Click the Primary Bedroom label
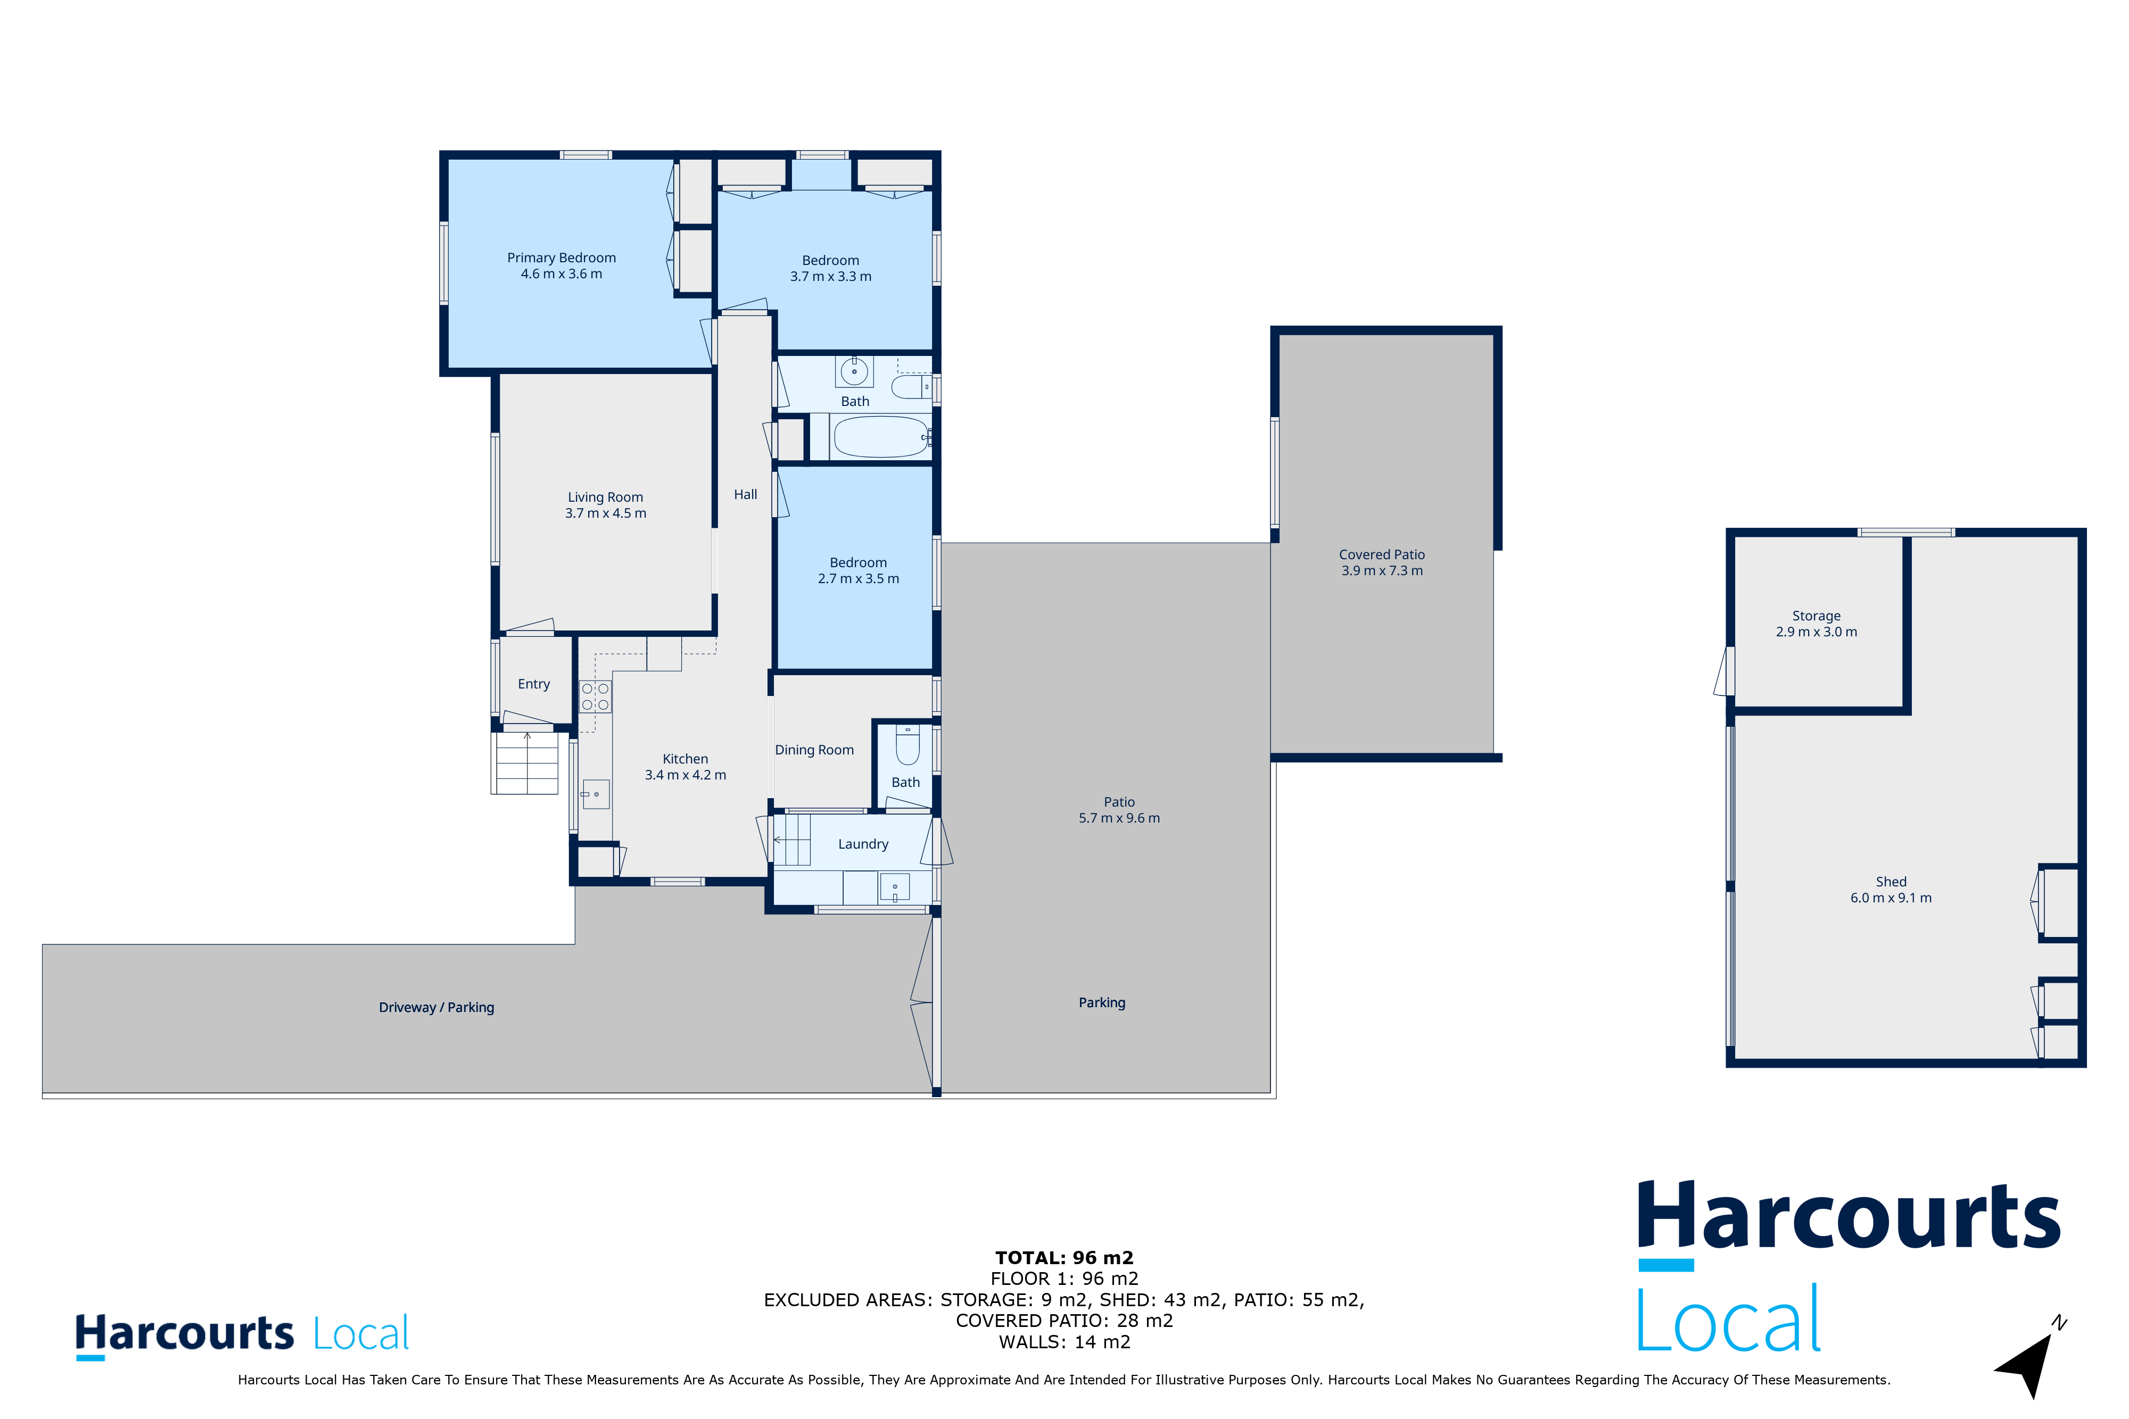point(561,258)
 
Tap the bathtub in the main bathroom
point(881,437)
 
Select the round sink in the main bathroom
point(854,371)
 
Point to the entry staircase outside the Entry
point(525,763)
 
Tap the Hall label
point(746,494)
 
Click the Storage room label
point(1817,616)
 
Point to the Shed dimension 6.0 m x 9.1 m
point(1891,898)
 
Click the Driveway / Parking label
point(436,1007)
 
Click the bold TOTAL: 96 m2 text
point(1064,1258)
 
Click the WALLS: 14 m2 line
point(1064,1342)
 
